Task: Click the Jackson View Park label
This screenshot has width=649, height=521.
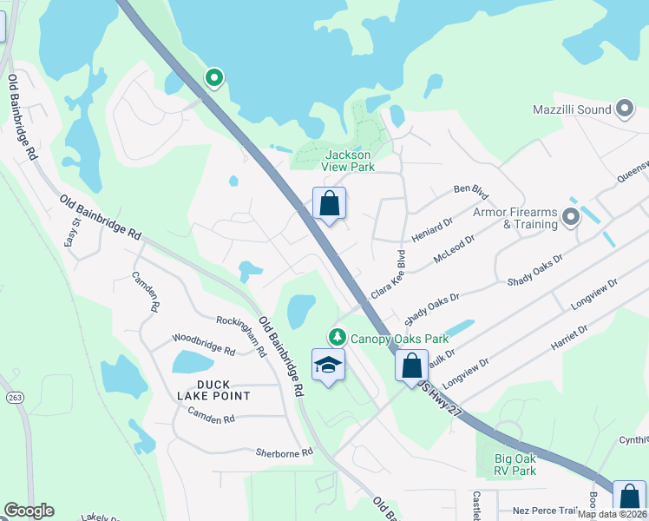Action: [x=348, y=161]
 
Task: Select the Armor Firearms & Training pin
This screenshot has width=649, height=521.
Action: [x=570, y=216]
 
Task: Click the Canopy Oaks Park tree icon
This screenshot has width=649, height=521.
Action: [x=335, y=336]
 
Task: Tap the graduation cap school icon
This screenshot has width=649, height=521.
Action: [x=329, y=366]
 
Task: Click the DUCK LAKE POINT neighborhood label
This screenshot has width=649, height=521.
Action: [x=212, y=389]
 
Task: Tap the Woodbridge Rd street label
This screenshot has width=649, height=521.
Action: [x=203, y=345]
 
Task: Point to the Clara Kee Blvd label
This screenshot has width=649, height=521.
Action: [x=389, y=275]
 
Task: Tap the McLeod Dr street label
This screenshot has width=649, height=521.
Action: [x=457, y=247]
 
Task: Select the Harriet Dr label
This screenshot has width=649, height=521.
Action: [x=569, y=339]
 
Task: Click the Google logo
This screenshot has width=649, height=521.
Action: [x=29, y=511]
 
